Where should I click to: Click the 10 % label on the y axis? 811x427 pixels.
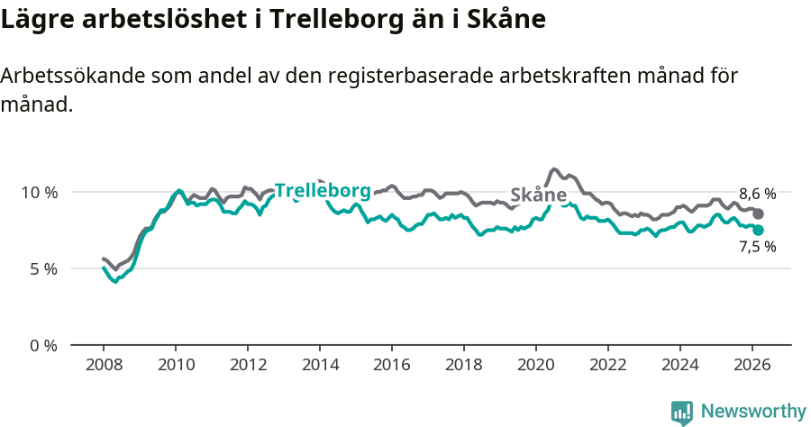pos(39,192)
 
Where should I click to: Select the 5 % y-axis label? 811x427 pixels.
pos(42,268)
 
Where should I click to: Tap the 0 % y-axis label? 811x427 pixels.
pos(42,345)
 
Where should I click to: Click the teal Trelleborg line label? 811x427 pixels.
pos(323,191)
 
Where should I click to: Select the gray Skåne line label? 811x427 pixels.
pos(538,195)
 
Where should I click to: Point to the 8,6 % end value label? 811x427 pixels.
pos(757,194)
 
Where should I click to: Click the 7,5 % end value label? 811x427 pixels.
pos(757,247)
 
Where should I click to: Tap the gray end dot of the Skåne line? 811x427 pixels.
pos(759,213)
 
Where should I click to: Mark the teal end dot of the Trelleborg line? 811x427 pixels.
pos(759,231)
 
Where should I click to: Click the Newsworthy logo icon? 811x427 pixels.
pos(682,413)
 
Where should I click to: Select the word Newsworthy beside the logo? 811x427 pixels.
pos(753,412)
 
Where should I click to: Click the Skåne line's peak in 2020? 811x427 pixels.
pos(554,169)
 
